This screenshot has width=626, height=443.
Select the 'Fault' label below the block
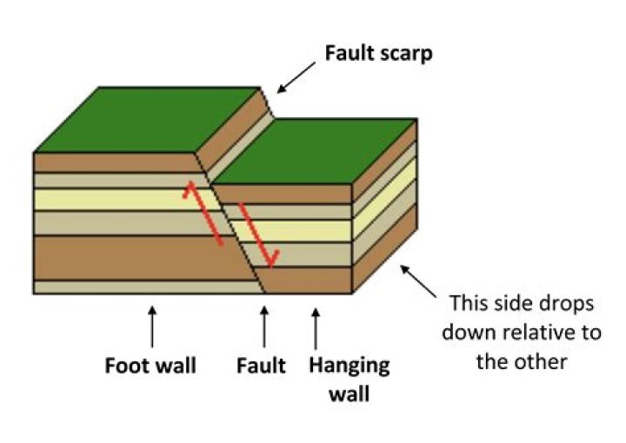pos(261,365)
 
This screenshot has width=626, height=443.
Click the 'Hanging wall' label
pos(349,378)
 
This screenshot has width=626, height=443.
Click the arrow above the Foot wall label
pos(152,324)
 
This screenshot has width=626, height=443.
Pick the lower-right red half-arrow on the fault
pos(258,236)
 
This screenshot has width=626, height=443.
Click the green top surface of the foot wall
pos(148,122)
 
